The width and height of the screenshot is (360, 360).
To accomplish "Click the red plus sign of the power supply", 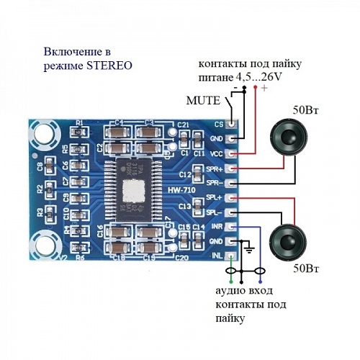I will pos(264,89).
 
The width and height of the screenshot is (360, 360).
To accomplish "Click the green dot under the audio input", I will pos(230,282).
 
